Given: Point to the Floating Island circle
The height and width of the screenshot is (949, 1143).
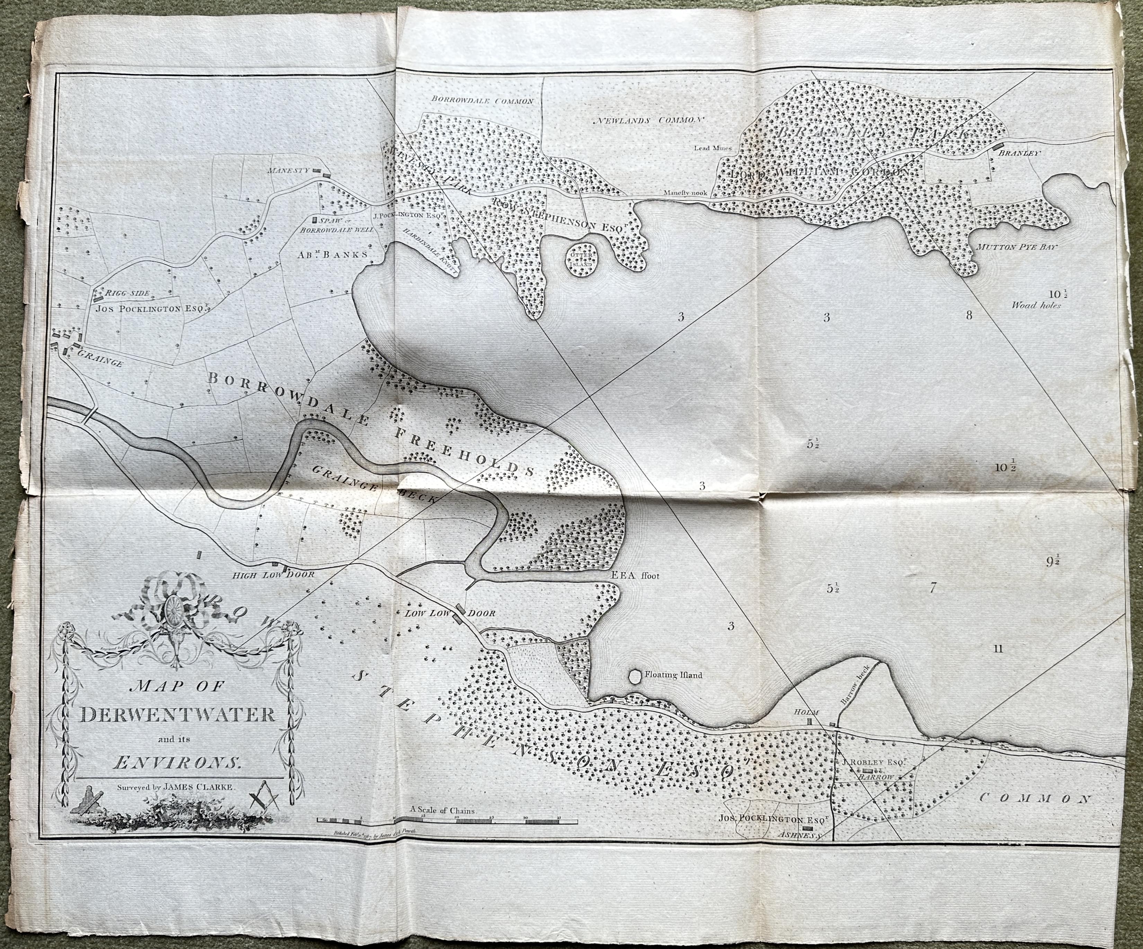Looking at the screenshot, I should coord(635,675).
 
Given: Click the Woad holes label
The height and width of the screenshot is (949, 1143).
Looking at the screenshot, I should coord(1036,305).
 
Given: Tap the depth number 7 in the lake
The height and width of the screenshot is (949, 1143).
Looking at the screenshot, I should coord(932,588).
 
